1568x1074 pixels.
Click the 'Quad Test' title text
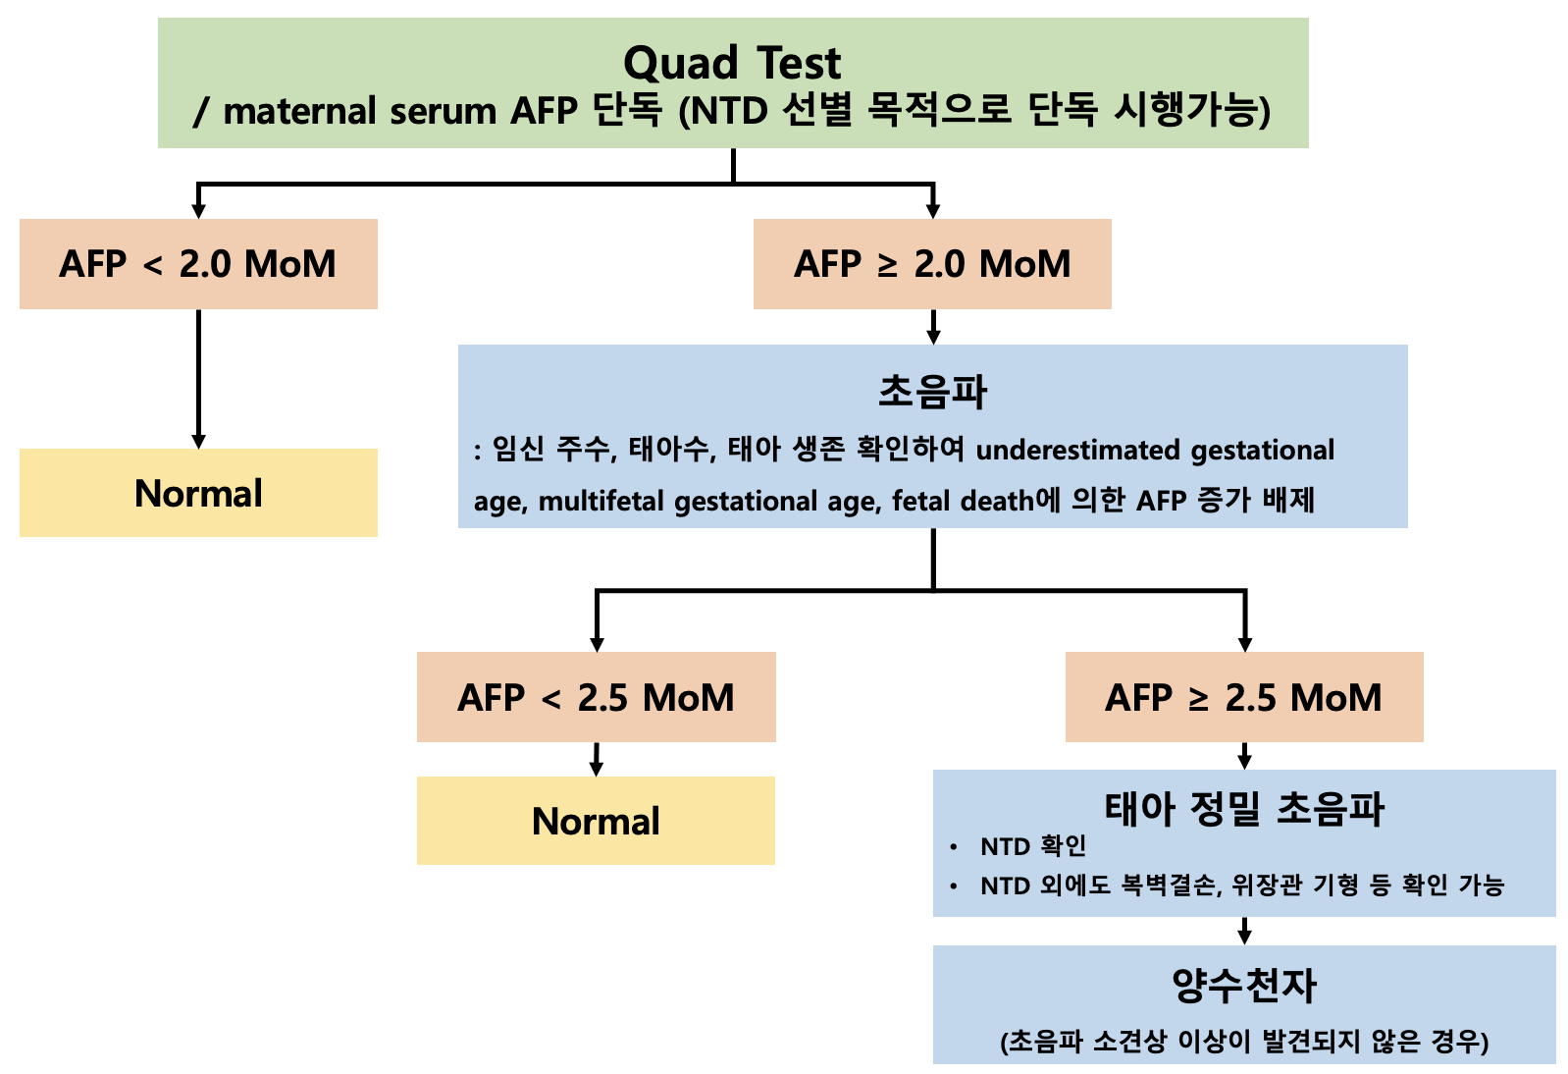tap(732, 63)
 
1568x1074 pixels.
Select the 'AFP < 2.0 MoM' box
tap(199, 264)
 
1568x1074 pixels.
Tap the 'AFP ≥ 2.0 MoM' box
tap(932, 264)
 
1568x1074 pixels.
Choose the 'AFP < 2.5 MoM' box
tap(597, 697)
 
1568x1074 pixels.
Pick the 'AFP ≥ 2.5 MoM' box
tap(1244, 697)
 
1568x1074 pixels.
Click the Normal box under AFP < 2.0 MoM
tap(199, 493)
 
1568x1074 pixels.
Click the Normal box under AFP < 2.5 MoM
tap(597, 821)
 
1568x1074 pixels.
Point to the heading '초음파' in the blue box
tap(932, 391)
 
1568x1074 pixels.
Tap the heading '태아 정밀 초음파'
tap(1244, 809)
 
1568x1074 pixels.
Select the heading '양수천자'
tap(1244, 985)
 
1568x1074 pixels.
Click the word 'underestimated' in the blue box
tap(1078, 450)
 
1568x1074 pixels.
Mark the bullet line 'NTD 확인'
tap(1033, 846)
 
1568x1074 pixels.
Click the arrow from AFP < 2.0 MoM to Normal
tap(199, 379)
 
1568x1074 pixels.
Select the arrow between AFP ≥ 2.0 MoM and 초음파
tap(933, 326)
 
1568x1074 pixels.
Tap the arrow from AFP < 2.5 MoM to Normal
tap(597, 759)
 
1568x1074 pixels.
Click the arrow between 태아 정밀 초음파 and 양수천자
tap(1244, 932)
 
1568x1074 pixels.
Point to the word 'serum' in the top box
tap(444, 112)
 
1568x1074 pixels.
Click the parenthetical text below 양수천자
tap(1244, 1041)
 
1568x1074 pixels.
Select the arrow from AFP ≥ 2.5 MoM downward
tap(1244, 756)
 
